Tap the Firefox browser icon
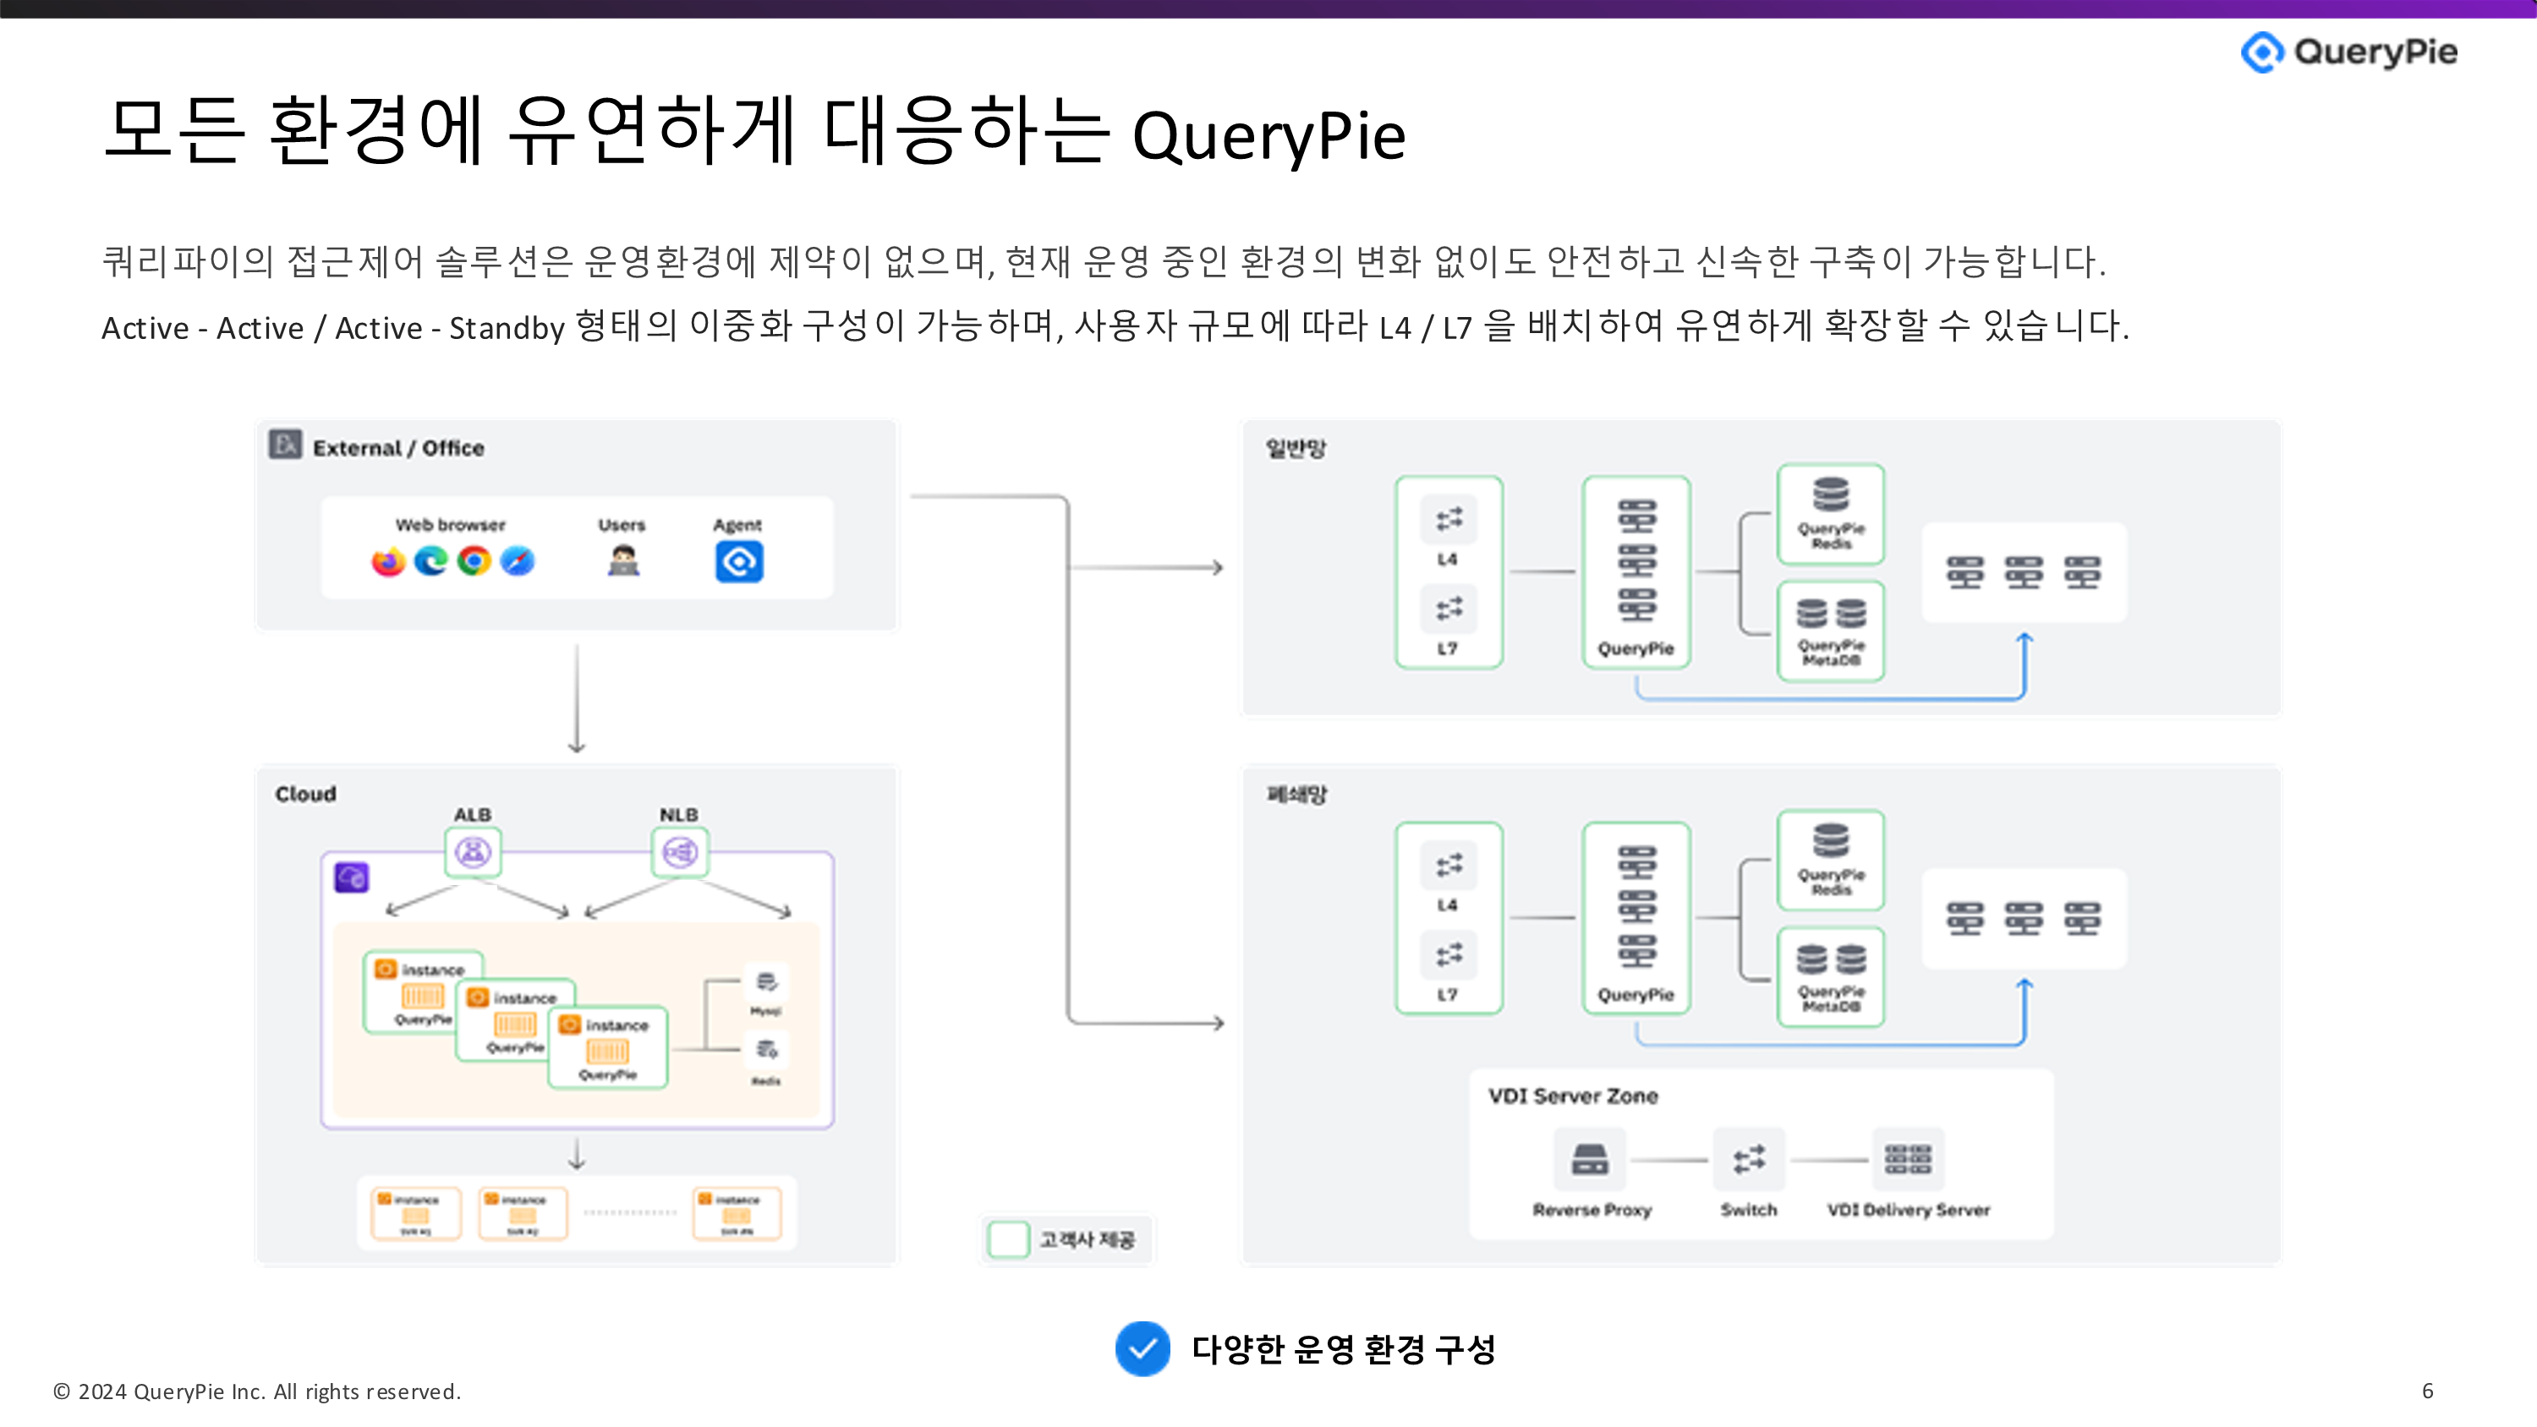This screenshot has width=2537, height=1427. [388, 561]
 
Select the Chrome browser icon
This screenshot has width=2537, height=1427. [474, 561]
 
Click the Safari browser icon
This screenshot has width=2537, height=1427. [517, 561]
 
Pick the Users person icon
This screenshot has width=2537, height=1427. [622, 560]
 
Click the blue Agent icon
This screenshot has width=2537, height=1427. [738, 561]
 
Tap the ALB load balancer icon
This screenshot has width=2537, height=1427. [473, 852]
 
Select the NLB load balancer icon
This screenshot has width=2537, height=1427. [680, 852]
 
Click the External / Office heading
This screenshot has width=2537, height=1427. [397, 448]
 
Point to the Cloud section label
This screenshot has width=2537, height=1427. [305, 794]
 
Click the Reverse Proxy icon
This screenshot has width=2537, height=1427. [1590, 1159]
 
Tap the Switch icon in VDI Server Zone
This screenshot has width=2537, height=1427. [1749, 1159]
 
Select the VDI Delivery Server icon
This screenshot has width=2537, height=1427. [1908, 1159]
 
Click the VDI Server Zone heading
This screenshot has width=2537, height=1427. [1573, 1096]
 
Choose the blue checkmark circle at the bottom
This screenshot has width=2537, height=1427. [1142, 1348]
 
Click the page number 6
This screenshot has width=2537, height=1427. [2428, 1391]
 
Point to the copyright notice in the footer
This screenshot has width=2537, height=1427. [256, 1391]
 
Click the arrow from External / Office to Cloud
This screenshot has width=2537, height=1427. [577, 699]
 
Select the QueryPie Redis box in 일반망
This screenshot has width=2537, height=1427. [1831, 514]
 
